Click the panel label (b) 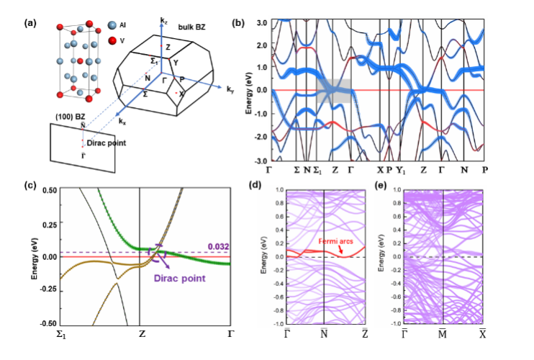click(238, 23)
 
